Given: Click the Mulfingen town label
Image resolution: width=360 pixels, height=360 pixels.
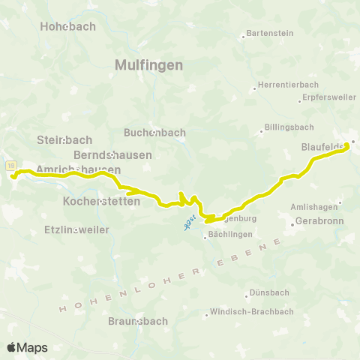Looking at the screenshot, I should pos(149,65).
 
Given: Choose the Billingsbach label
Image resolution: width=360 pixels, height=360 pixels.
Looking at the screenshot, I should pos(288,128).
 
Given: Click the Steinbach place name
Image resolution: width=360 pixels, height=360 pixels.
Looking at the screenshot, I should pos(64,140).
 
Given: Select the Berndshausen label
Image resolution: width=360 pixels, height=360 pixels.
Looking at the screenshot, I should pos(112,155).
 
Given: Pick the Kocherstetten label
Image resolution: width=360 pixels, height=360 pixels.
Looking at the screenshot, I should pos(101,202).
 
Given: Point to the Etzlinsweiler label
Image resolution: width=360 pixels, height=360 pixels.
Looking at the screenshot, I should pos(76,229).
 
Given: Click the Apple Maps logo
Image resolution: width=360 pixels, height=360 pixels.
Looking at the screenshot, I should pos(27,347).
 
